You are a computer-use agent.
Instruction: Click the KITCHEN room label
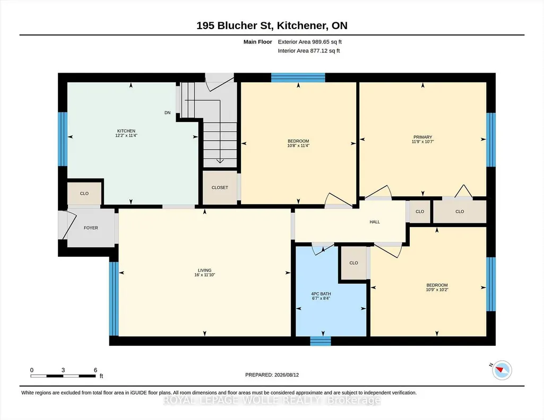tap(126, 131)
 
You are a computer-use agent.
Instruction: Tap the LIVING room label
tap(205, 270)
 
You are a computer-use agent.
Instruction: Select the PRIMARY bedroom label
tap(422, 137)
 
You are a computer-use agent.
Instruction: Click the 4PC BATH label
tap(321, 294)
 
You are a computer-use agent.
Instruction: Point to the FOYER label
tap(91, 227)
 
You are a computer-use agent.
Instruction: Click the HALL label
tap(375, 222)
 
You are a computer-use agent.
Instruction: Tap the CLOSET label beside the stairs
tap(220, 188)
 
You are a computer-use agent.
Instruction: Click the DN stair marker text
tap(168, 112)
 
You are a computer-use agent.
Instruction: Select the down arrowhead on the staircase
tap(220, 161)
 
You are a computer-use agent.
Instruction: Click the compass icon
tap(502, 370)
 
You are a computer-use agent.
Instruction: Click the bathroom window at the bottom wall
tap(320, 340)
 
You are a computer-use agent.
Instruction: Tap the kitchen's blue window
tap(63, 139)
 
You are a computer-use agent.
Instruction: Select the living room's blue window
tap(114, 299)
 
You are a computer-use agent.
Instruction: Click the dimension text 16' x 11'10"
tap(205, 275)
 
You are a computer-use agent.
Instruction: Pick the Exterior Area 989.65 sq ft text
tap(310, 42)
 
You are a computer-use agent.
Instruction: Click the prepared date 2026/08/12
tap(287, 374)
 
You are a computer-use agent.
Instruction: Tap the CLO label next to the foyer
tap(84, 194)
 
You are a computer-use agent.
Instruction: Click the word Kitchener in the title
tap(301, 25)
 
